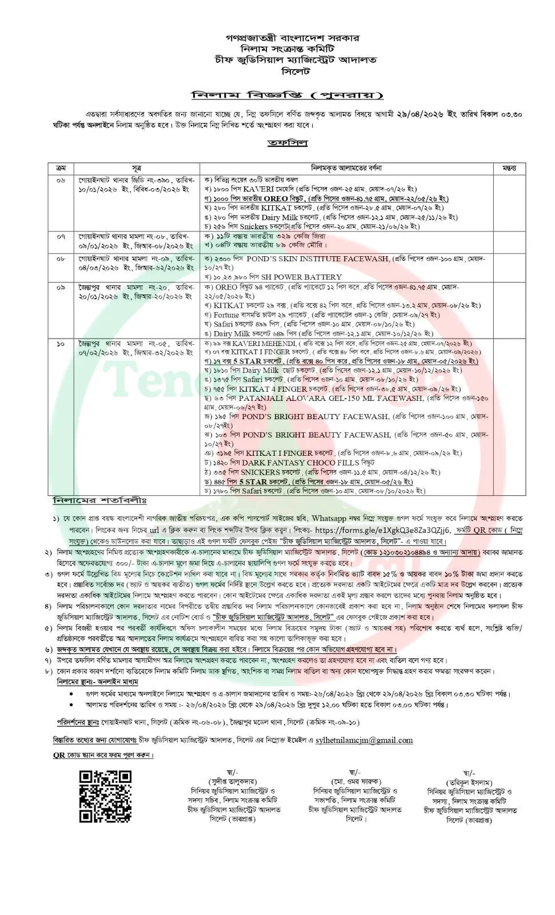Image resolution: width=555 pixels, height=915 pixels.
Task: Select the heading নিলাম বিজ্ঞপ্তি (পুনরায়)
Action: click(x=287, y=95)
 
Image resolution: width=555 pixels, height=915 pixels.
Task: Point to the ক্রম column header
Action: click(x=61, y=168)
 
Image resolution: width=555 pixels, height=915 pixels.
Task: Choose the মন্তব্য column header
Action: click(x=509, y=168)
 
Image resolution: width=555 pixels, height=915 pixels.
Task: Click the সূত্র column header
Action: click(x=137, y=168)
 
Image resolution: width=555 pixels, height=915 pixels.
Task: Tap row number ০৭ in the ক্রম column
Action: click(x=61, y=236)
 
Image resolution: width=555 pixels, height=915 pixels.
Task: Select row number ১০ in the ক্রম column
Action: click(x=61, y=343)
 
